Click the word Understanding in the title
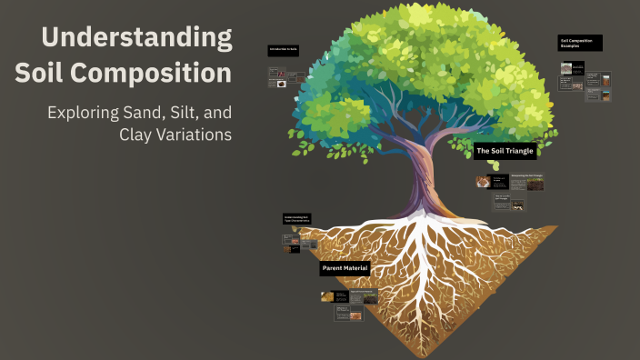[x=136, y=38]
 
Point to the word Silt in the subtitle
[x=187, y=113]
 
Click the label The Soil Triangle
[x=505, y=151]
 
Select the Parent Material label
[x=345, y=269]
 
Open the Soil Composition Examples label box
[x=580, y=43]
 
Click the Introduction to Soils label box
[x=284, y=50]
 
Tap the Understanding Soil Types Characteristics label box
[x=298, y=219]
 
